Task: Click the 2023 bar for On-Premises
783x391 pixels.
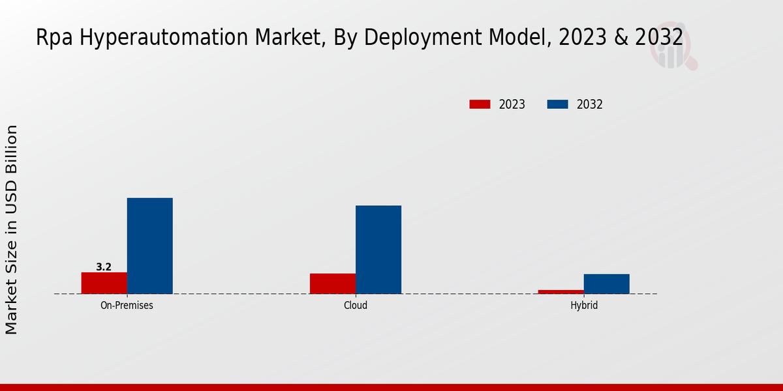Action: tap(104, 283)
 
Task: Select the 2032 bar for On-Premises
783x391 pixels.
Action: tap(149, 246)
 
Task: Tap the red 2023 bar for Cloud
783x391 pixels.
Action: tap(333, 283)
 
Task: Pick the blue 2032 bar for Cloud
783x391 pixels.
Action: tap(378, 250)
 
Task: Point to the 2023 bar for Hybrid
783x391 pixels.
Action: tap(560, 291)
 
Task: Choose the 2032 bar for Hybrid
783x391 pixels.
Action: tap(606, 283)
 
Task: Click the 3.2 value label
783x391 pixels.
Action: tap(104, 267)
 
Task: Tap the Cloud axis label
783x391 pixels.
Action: tap(356, 305)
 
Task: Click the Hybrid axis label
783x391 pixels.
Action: tap(584, 305)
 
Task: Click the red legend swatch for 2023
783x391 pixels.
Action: tap(480, 104)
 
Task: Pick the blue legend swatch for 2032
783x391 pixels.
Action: tap(557, 104)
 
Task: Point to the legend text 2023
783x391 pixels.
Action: tap(512, 104)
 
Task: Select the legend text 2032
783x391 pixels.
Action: tap(590, 104)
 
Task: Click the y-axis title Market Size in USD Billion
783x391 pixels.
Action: tap(12, 229)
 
